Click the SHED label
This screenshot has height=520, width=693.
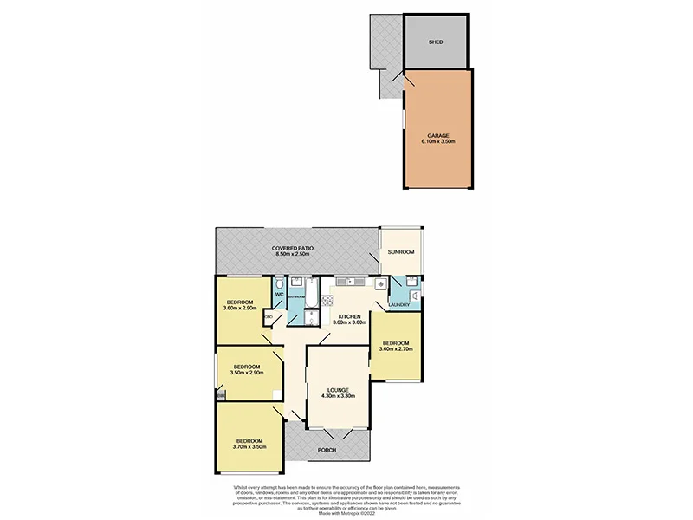[x=436, y=41]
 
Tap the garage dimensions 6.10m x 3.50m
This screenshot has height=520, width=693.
[x=440, y=141]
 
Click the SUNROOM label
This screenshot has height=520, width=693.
[x=402, y=252]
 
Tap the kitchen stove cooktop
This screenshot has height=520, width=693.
[x=328, y=301]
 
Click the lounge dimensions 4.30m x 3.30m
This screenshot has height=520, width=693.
[x=339, y=396]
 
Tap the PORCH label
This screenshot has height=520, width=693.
[x=327, y=449]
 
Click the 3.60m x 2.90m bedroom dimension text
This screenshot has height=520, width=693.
[x=239, y=308]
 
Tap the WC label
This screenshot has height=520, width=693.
[x=279, y=296]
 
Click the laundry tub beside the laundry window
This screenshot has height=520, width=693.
[x=414, y=296]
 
